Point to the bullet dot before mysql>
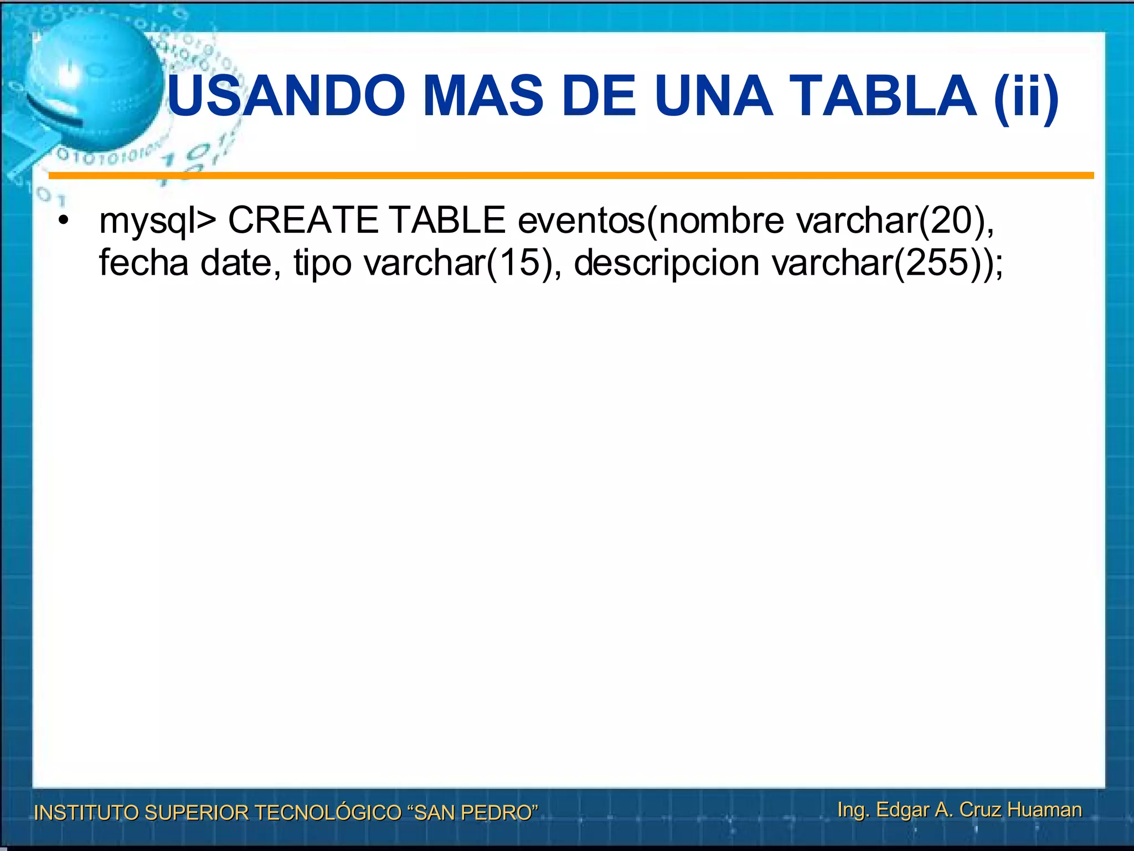[x=64, y=221]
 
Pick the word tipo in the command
[x=322, y=264]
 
